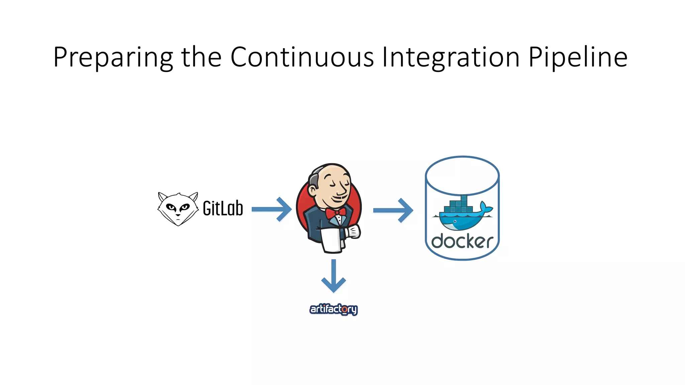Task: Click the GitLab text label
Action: (223, 209)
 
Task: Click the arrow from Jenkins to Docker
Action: (393, 210)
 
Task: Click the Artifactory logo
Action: (333, 309)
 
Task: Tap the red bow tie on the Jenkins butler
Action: (335, 213)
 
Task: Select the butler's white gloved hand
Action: (354, 231)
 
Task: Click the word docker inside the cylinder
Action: (462, 241)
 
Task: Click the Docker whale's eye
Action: (455, 221)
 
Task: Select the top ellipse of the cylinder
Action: (462, 175)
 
